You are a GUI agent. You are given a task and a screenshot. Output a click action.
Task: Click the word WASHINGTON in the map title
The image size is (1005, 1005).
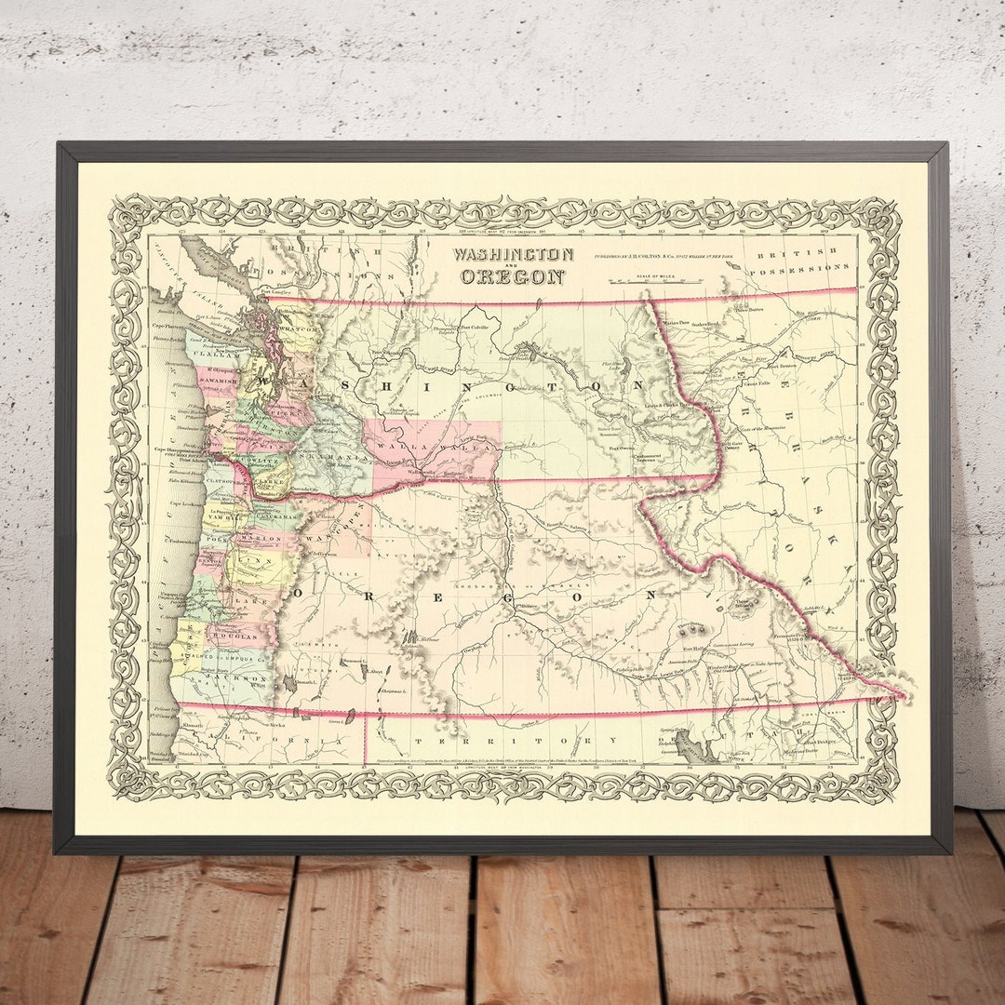click(x=513, y=254)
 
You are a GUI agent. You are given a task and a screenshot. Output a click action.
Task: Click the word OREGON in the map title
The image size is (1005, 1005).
click(x=513, y=276)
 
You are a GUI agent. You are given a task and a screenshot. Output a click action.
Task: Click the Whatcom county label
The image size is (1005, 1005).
click(x=298, y=328)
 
